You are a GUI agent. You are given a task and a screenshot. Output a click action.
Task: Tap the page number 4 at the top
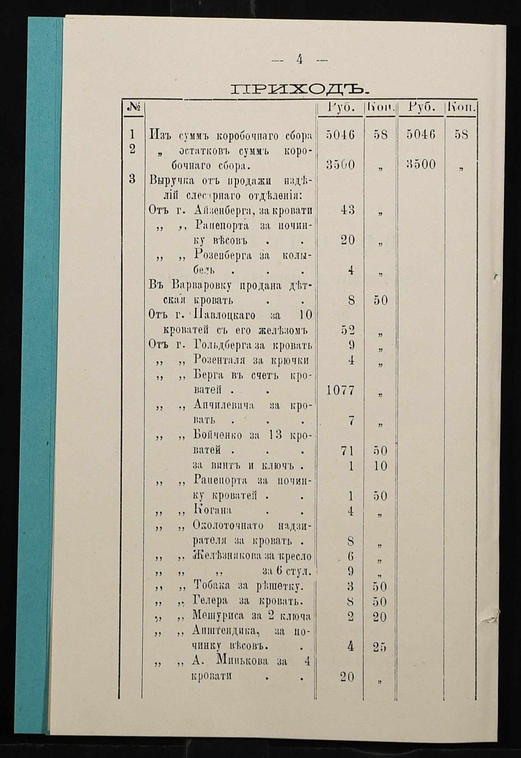pyautogui.click(x=299, y=59)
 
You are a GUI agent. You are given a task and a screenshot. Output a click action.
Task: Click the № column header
pyautogui.click(x=133, y=108)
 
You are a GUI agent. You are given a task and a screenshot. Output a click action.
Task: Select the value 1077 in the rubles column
pyautogui.click(x=340, y=390)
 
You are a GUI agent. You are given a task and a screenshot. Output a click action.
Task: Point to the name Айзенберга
pyautogui.click(x=222, y=211)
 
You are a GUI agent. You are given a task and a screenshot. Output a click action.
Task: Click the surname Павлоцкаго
pyautogui.click(x=225, y=315)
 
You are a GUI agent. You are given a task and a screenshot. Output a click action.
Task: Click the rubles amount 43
pyautogui.click(x=348, y=210)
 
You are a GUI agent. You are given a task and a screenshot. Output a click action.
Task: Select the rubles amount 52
pyautogui.click(x=348, y=330)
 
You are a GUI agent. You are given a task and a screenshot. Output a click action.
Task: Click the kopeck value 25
pyautogui.click(x=380, y=647)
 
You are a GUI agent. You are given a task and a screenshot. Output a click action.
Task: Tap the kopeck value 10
pyautogui.click(x=380, y=466)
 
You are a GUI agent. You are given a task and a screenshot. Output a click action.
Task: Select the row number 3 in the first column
pyautogui.click(x=132, y=179)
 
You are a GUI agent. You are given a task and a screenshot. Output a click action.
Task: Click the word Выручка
pyautogui.click(x=172, y=181)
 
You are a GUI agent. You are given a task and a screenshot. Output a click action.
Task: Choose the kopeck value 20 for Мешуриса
pyautogui.click(x=380, y=617)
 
